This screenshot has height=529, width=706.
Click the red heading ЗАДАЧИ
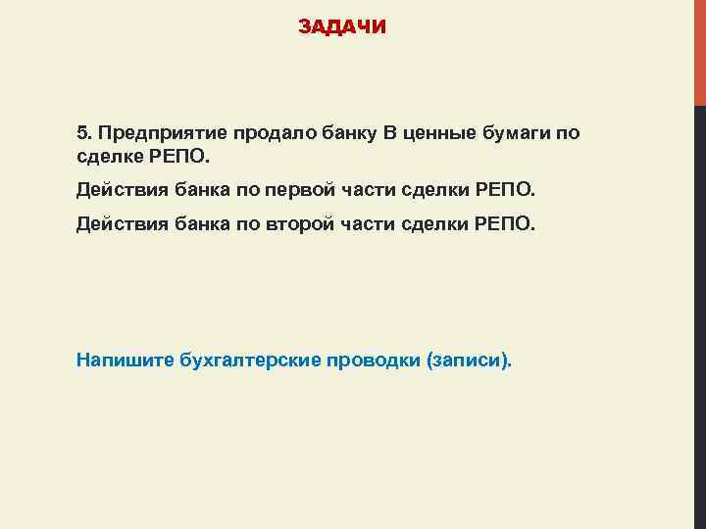[x=342, y=27]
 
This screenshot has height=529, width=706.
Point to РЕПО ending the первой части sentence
[x=504, y=188]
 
